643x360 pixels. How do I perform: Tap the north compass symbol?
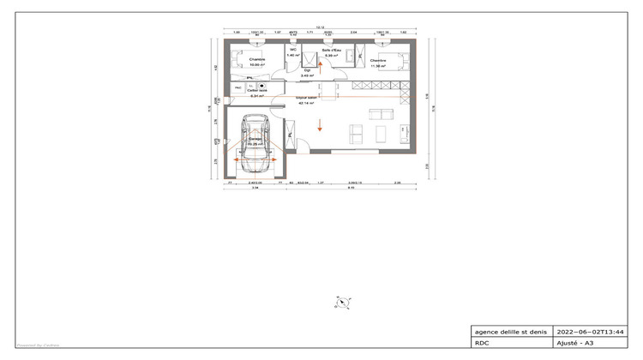coord(341,301)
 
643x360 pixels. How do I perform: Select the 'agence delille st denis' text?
coord(509,331)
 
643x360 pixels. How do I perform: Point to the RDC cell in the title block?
coord(481,342)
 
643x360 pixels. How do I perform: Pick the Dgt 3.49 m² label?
coord(307,73)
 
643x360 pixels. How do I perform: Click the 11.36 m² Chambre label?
coord(379,63)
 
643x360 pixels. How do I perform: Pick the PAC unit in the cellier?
coord(237,87)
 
